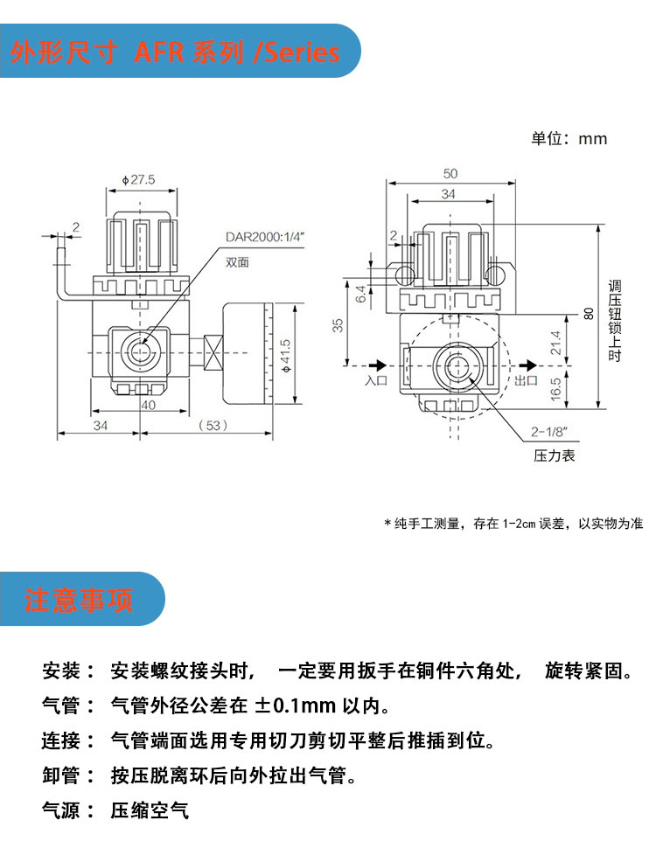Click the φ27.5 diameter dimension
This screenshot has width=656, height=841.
click(138, 180)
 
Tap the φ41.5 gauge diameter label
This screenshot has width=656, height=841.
click(286, 356)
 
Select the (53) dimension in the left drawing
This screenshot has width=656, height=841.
click(213, 426)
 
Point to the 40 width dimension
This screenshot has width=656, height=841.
click(149, 405)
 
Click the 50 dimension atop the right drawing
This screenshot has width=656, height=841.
click(450, 174)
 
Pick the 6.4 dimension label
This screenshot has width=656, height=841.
click(360, 294)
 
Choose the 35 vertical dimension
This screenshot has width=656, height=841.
click(337, 325)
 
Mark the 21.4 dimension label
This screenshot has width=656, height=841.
click(555, 343)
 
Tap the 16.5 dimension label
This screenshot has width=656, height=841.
click(555, 389)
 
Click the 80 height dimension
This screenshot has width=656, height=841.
click(589, 313)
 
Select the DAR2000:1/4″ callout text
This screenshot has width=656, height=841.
click(265, 237)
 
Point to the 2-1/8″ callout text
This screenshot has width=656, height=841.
click(549, 432)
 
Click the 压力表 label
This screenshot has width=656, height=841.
click(554, 455)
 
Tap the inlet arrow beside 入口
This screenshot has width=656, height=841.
click(378, 365)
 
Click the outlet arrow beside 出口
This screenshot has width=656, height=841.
click(528, 365)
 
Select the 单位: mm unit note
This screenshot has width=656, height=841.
click(569, 139)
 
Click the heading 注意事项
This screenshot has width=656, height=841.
click(79, 600)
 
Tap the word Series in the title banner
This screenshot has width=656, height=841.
click(303, 52)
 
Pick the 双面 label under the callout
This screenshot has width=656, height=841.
click(237, 262)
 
